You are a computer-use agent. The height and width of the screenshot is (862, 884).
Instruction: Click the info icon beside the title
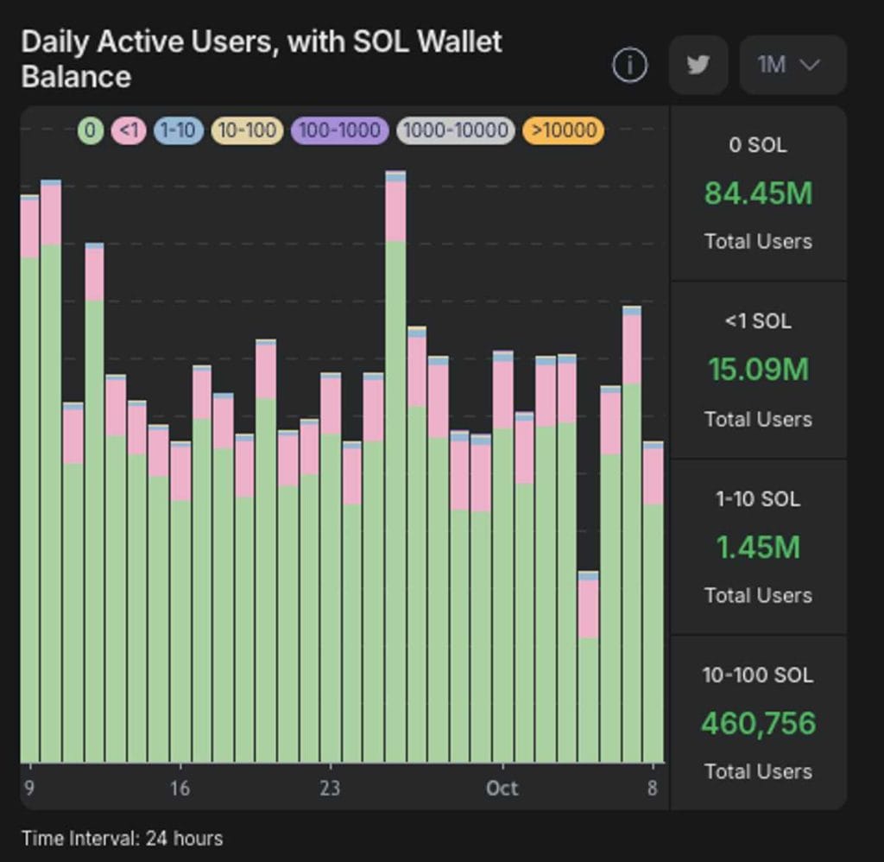click(x=629, y=65)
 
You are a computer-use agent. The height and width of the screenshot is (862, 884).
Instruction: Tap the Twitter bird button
click(x=698, y=65)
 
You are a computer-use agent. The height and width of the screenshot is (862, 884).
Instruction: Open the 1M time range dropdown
click(x=792, y=65)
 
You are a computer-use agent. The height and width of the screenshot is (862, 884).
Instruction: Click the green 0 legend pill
click(x=91, y=130)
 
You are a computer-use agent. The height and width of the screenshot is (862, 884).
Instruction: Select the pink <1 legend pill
click(x=129, y=130)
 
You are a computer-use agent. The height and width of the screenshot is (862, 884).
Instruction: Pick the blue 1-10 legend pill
click(x=179, y=130)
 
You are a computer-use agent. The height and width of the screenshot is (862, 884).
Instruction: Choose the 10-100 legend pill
click(x=247, y=130)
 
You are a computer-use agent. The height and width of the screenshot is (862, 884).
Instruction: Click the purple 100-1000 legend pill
click(x=340, y=130)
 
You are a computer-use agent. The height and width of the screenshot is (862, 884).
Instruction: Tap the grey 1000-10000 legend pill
click(x=455, y=130)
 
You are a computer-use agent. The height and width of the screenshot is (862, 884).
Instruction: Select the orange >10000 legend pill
click(x=563, y=130)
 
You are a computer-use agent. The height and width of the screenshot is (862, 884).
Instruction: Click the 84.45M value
click(x=758, y=193)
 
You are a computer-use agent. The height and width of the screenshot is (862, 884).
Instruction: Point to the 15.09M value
click(x=758, y=370)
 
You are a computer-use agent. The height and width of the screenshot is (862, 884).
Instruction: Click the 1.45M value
click(x=758, y=547)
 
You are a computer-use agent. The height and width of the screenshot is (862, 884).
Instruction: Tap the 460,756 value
click(x=758, y=723)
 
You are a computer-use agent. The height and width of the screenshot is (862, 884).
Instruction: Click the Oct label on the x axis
click(x=502, y=788)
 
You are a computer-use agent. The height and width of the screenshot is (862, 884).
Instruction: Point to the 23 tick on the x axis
click(x=330, y=788)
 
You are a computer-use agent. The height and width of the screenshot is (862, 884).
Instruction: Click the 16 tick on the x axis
click(x=180, y=788)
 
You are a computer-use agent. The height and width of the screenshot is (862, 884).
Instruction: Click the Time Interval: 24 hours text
click(x=122, y=838)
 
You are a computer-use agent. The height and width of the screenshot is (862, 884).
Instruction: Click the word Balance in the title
click(x=76, y=76)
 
